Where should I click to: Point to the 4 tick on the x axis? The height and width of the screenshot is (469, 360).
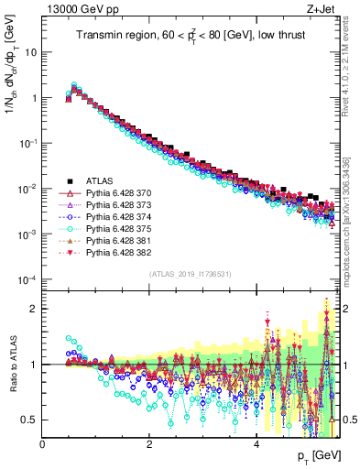[256, 443]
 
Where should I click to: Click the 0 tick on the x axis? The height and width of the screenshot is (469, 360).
[43, 443]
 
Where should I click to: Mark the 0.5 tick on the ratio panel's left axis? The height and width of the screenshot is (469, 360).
[31, 420]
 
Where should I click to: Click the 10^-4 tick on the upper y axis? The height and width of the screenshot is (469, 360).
[27, 280]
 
